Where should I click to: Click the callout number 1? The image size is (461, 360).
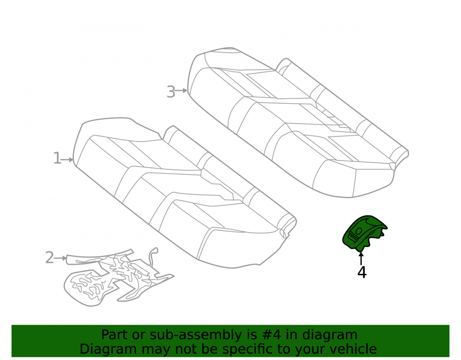tap(57, 159)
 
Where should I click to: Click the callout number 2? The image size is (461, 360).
tap(50, 258)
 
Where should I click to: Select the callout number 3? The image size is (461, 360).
tap(171, 92)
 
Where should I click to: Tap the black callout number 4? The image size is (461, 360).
tap(362, 272)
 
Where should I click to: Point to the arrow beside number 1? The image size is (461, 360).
tap(67, 159)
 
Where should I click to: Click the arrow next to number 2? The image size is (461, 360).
tap(60, 258)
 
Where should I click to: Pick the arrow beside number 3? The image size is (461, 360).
tap(181, 90)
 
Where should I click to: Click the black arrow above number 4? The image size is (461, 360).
tap(361, 258)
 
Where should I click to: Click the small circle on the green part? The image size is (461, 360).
tap(358, 231)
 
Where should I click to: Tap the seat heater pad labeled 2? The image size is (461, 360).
tap(115, 276)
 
